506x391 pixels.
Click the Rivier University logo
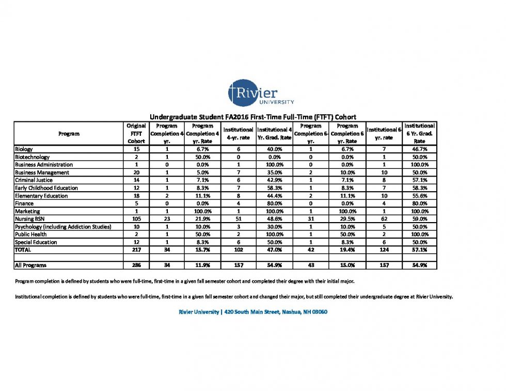tap(253, 93)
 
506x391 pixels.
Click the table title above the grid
tap(253, 117)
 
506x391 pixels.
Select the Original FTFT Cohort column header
tap(136, 133)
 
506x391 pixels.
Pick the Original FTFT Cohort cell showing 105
tap(136, 219)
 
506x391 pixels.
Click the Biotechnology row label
tap(32, 157)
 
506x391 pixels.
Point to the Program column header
tap(69, 134)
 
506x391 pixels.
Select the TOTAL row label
tap(23, 250)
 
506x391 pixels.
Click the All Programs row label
tap(30, 265)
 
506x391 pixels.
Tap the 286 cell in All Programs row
tap(136, 265)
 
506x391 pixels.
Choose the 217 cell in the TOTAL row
tap(136, 250)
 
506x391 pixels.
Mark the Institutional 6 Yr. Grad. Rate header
tap(419, 133)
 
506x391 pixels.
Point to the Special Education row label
tap(36, 242)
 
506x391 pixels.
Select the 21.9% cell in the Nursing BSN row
tap(202, 219)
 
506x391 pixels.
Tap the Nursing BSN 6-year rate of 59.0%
tap(419, 219)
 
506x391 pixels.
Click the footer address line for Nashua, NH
tap(253, 312)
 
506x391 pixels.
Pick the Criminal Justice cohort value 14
tap(136, 180)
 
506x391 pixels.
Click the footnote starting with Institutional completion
tap(234, 296)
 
